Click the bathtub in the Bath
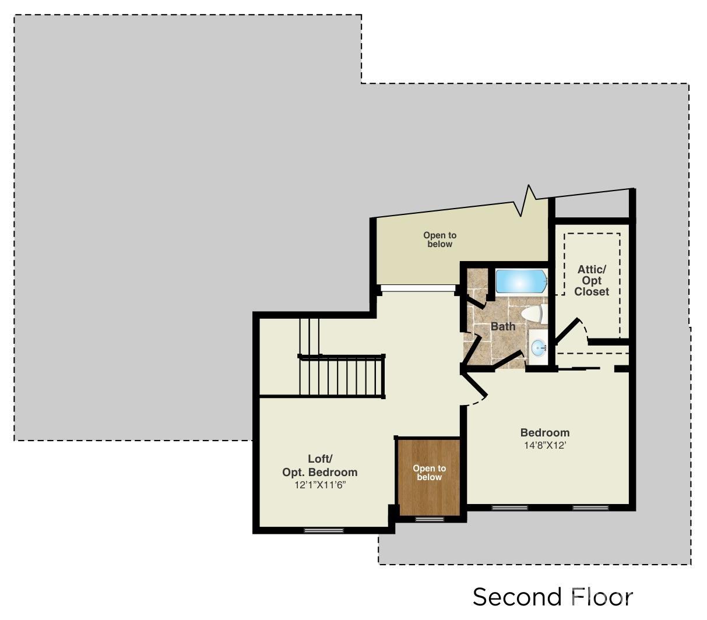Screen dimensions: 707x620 521,281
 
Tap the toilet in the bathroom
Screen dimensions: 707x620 534,313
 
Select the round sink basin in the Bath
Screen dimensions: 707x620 539,347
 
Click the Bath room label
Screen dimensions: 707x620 503,326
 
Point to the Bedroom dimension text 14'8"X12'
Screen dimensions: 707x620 545,446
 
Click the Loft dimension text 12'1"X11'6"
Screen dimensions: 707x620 320,485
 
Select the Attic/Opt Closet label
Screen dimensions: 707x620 592,280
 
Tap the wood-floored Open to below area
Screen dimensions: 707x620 429,477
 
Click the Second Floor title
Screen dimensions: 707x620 553,597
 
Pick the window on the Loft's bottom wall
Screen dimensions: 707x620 323,531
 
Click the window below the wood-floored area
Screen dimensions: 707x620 430,519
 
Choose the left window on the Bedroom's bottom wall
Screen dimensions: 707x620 509,508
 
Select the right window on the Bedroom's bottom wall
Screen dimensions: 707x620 590,508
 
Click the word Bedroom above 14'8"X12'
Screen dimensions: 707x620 545,432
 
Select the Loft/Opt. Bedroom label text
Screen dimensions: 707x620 319,465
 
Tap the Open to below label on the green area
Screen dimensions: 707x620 439,239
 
